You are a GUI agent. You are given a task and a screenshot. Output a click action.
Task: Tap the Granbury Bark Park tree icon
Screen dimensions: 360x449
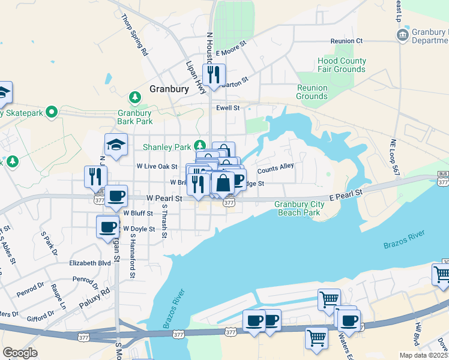135,97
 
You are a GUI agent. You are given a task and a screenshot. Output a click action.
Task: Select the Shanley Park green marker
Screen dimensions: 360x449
200,146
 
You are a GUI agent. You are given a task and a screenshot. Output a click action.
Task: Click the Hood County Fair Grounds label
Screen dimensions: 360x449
342,65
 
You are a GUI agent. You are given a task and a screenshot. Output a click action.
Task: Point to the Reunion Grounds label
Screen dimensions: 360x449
312,92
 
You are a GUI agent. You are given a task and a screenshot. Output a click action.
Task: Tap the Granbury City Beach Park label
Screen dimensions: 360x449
300,208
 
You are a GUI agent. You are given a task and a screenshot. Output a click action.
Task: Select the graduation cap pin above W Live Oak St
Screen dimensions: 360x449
116,145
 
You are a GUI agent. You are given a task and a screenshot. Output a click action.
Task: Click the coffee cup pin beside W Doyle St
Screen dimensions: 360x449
108,227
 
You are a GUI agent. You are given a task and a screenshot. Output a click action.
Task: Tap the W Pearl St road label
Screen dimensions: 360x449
164,197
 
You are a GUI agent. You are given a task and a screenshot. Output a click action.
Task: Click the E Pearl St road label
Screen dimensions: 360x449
346,193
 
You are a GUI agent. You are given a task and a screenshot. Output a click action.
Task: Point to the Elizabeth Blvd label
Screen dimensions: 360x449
90,263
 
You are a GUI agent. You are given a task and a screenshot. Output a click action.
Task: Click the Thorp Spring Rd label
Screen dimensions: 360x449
135,34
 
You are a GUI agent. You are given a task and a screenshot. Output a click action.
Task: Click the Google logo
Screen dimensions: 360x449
20,353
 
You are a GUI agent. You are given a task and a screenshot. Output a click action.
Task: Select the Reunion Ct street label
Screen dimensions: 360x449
347,41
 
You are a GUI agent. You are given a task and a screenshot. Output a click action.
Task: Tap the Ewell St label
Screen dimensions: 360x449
228,108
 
